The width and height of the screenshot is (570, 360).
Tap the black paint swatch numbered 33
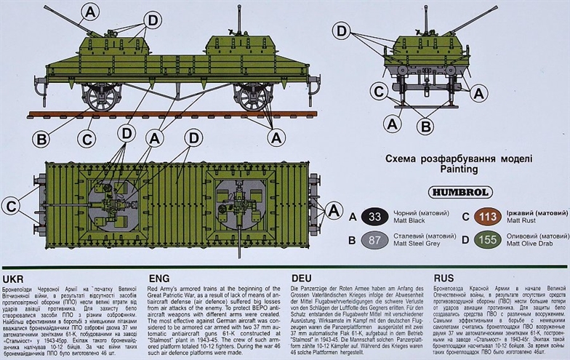[x=374, y=216]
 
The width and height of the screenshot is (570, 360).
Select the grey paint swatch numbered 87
[x=374, y=241]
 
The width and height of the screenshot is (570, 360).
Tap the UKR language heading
[x=15, y=279]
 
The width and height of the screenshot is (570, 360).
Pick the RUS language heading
[x=444, y=279]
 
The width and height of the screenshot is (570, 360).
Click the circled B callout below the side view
[x=41, y=140]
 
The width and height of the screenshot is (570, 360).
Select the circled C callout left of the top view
[x=11, y=206]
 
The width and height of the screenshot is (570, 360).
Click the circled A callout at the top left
[x=89, y=11]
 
